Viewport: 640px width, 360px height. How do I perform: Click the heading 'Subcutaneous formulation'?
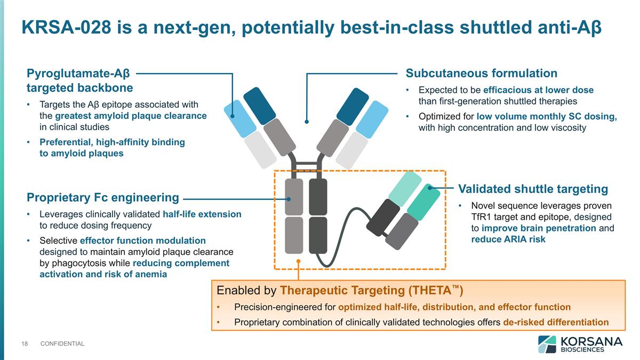click(482, 74)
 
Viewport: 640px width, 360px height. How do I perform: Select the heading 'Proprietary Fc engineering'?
click(102, 198)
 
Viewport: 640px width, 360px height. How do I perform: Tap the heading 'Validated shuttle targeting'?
click(533, 189)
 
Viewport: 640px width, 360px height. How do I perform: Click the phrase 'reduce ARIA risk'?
click(508, 239)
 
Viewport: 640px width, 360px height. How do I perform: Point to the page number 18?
click(25, 343)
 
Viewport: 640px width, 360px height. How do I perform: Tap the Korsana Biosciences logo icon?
click(547, 344)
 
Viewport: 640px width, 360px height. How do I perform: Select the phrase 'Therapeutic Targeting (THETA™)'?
click(371, 291)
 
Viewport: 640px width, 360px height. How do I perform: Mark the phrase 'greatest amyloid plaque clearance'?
click(131, 116)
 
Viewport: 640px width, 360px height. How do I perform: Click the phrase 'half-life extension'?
click(202, 214)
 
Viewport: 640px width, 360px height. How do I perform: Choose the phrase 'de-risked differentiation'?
click(556, 322)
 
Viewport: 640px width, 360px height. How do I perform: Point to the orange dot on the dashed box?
click(299, 261)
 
